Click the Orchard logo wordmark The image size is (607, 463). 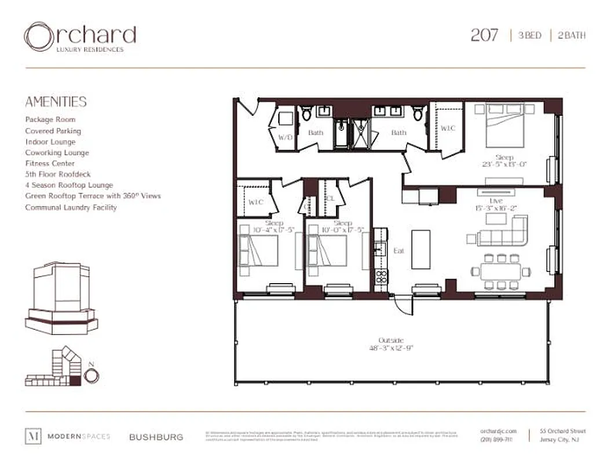point(80,36)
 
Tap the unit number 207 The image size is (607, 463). point(484,35)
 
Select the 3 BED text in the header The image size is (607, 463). point(529,36)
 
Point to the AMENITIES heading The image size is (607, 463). point(56,102)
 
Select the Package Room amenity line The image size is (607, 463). point(50,119)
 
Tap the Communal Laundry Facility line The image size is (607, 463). point(71,207)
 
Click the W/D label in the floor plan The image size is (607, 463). point(285,138)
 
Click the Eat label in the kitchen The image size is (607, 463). point(398,251)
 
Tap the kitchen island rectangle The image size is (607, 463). point(421,249)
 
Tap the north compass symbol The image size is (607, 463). point(92,375)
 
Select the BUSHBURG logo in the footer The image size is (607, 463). point(156,437)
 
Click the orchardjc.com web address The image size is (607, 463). point(496,431)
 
